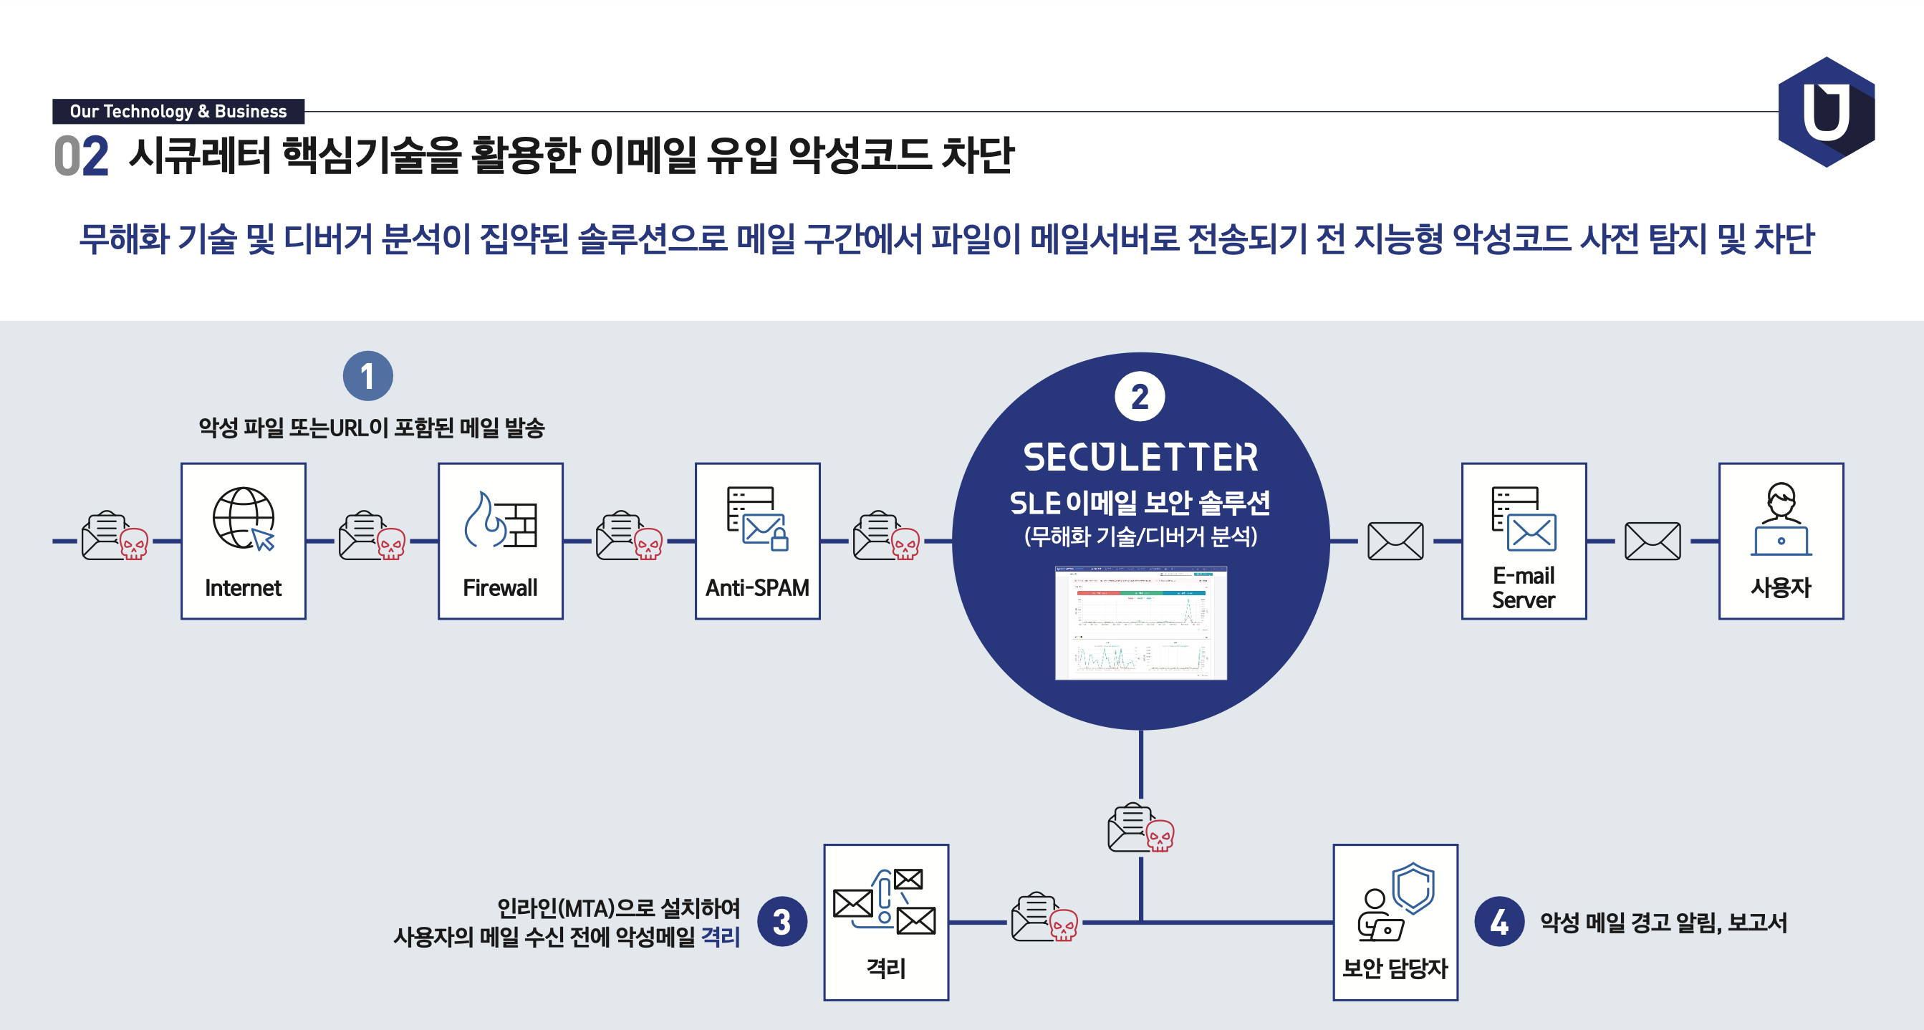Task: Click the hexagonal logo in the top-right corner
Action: tap(1826, 112)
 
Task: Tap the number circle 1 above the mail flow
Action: tap(367, 376)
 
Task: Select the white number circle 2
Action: tap(1139, 397)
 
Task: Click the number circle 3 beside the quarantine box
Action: tap(781, 921)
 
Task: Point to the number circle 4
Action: tap(1499, 921)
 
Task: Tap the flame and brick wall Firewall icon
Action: tap(501, 520)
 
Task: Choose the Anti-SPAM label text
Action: tap(757, 588)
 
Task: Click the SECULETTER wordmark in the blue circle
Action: tap(1140, 457)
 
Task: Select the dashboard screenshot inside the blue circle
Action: tap(1140, 623)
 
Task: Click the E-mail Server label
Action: tap(1524, 588)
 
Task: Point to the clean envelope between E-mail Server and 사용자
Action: tap(1652, 541)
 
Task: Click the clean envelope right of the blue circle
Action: tap(1395, 541)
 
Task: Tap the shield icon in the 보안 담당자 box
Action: tap(1413, 887)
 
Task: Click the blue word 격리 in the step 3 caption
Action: tap(720, 937)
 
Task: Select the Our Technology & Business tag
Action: tap(178, 111)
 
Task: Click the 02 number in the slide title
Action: tap(82, 156)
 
